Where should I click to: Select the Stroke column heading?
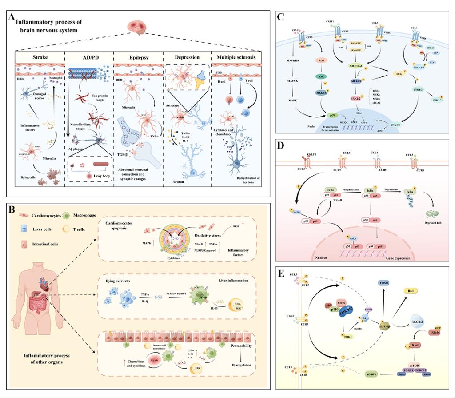(x=40, y=57)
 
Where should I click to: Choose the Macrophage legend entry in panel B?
(x=84, y=215)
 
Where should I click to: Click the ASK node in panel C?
(x=321, y=76)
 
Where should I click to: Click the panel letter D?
(x=280, y=146)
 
